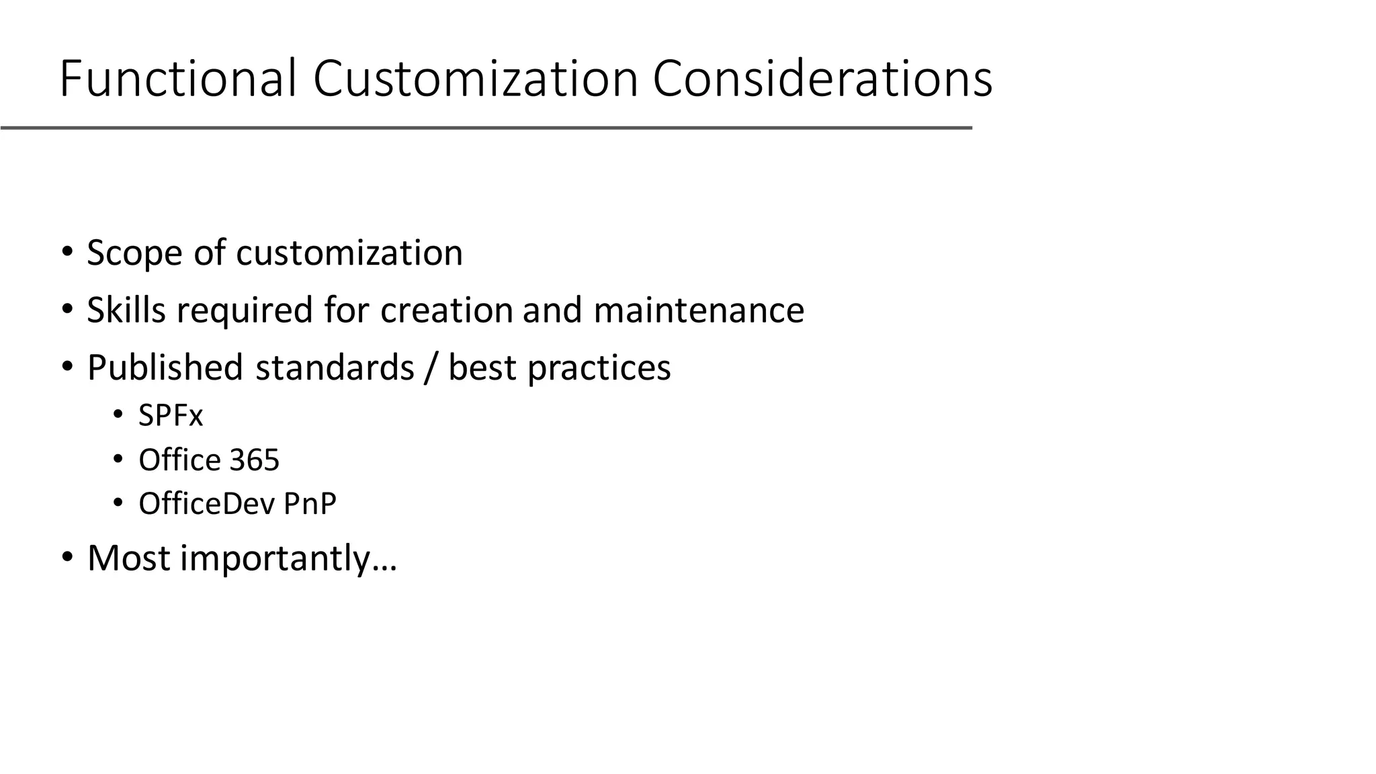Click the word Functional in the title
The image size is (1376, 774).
point(177,79)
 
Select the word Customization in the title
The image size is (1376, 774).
point(475,79)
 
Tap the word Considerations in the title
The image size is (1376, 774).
point(822,79)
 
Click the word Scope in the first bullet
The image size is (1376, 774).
point(134,253)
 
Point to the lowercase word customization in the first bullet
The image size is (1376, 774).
point(349,253)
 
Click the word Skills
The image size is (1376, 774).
point(126,310)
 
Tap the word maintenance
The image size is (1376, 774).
point(699,310)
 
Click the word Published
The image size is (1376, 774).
point(165,368)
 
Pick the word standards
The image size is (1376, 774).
point(335,368)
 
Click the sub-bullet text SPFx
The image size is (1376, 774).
point(171,416)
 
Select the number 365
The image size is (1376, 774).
point(254,460)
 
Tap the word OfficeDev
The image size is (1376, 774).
point(205,504)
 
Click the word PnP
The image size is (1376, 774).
point(310,504)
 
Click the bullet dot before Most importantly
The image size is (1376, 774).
point(67,558)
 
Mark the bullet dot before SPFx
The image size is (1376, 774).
point(118,416)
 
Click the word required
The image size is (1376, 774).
point(245,310)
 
